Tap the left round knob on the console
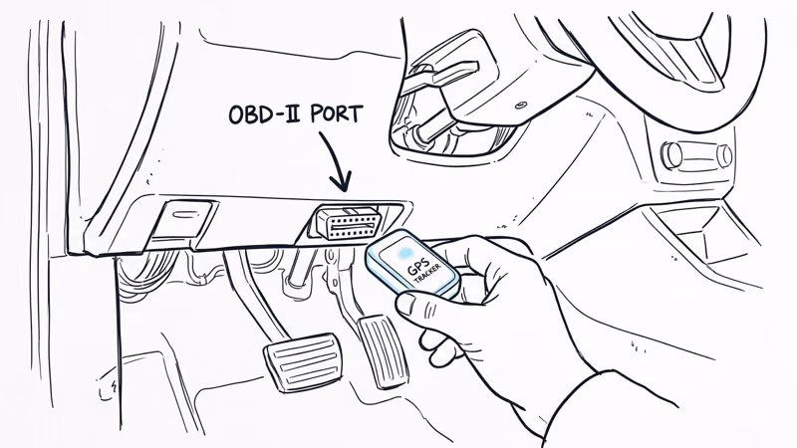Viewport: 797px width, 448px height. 673,154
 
